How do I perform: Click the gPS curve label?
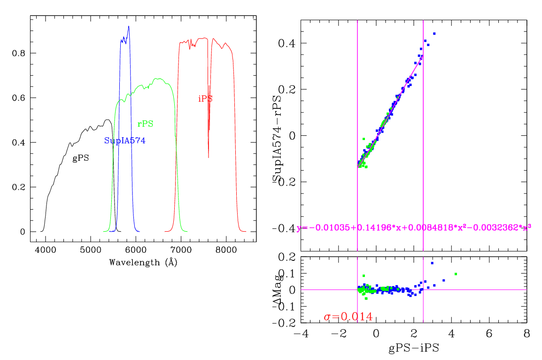(80, 159)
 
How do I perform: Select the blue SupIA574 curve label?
(124, 141)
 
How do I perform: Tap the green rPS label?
(145, 124)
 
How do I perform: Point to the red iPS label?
(205, 99)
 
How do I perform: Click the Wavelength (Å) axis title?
(143, 262)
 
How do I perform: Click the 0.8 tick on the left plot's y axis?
(19, 54)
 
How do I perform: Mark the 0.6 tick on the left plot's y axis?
(19, 98)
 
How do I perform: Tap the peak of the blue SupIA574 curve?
(128, 27)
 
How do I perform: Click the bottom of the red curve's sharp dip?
(209, 157)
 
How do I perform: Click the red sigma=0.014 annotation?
(348, 317)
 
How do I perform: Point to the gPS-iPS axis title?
(414, 349)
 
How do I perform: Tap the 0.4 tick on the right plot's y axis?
(287, 43)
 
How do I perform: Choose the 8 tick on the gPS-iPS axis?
(527, 333)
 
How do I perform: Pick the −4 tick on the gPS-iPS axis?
(301, 333)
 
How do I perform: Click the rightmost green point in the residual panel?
(456, 274)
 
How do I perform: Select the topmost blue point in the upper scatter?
(434, 33)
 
